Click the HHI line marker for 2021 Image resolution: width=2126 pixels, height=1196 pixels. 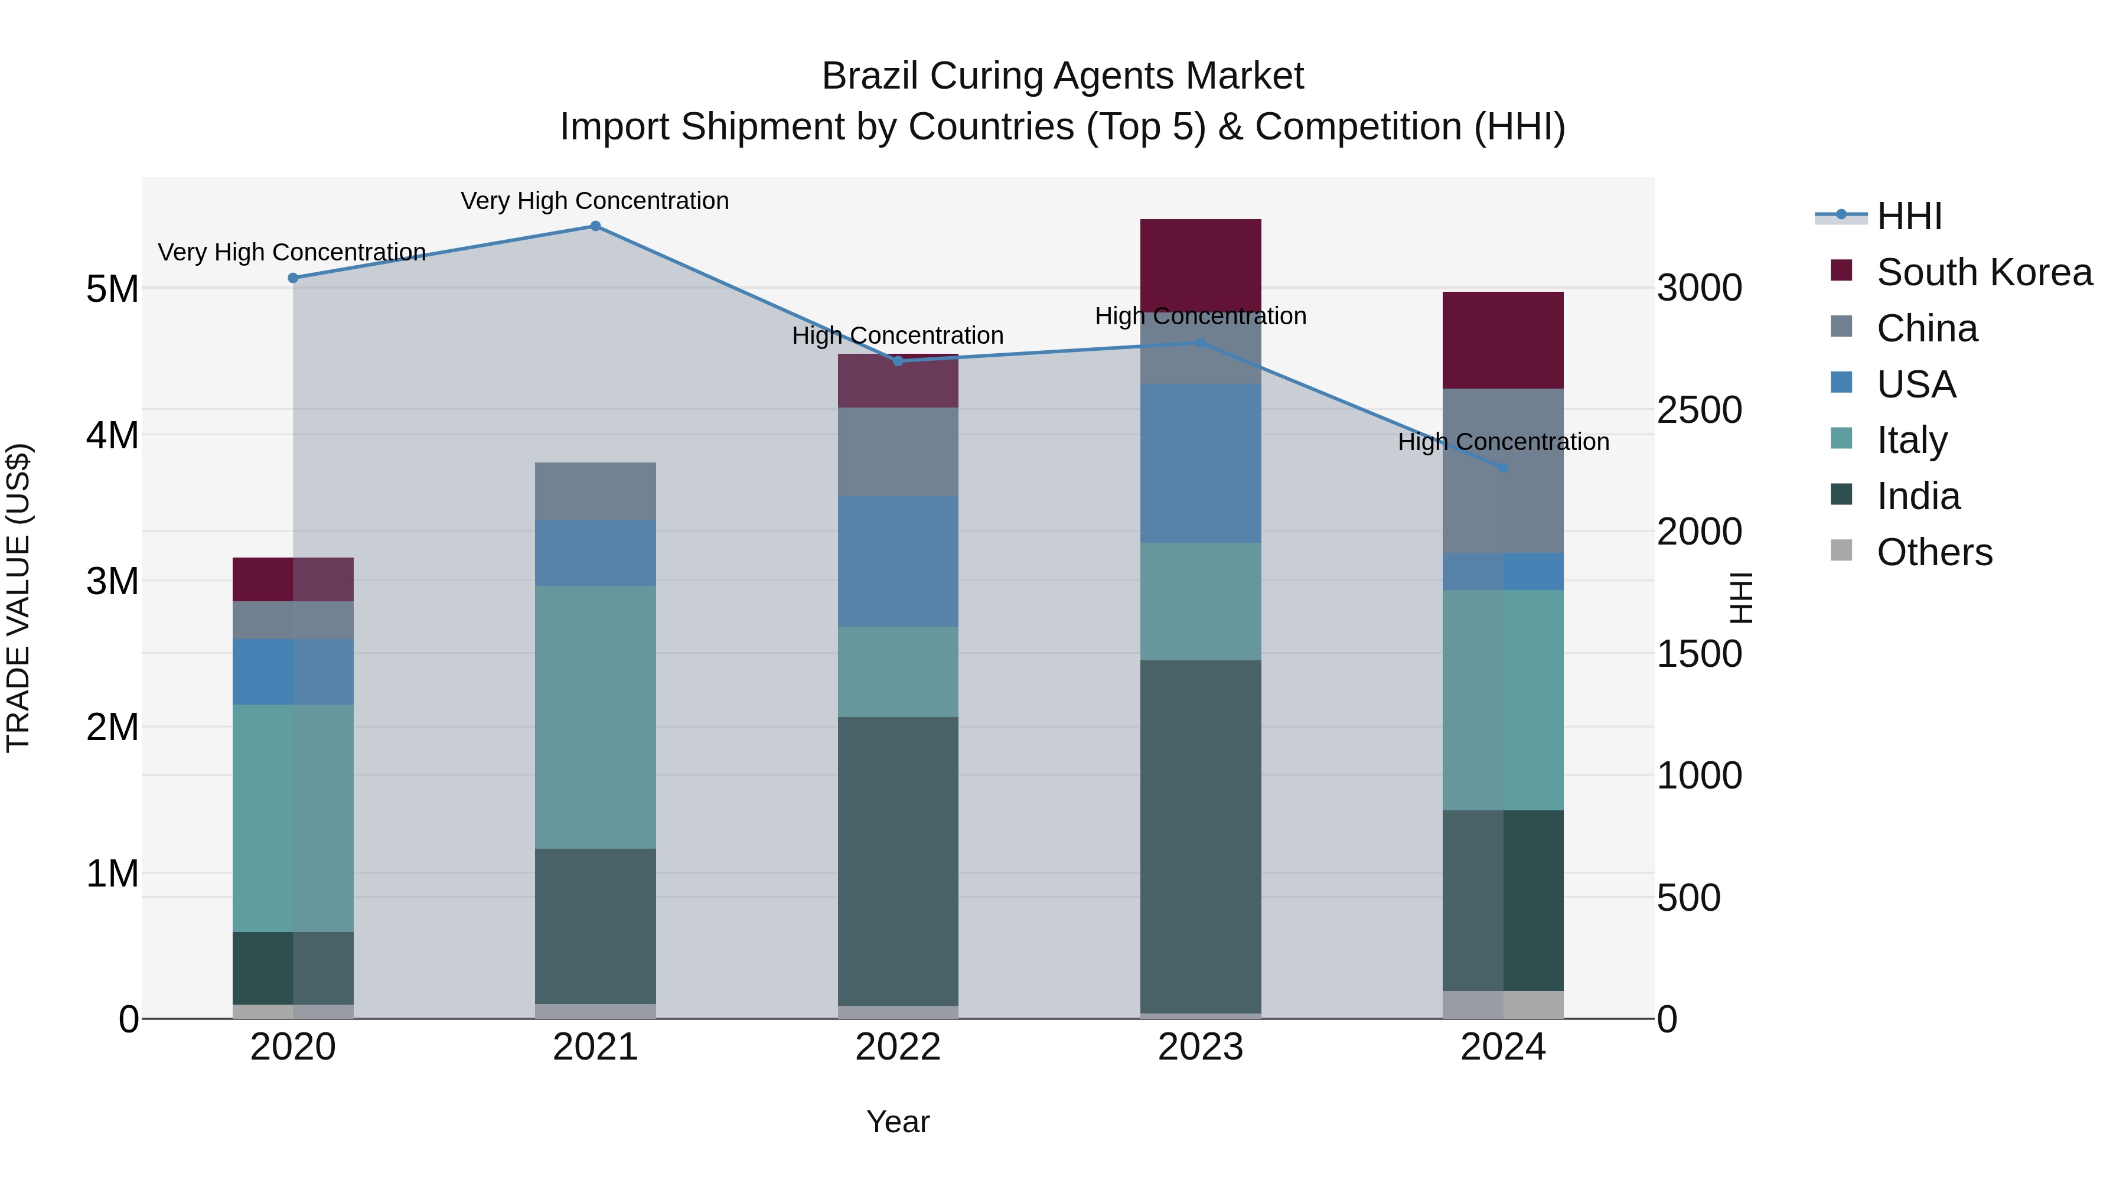point(595,226)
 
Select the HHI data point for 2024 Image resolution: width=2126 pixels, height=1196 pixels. point(1503,468)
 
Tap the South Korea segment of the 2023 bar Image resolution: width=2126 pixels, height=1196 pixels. point(1200,264)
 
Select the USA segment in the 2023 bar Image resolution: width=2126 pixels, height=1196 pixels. point(1200,463)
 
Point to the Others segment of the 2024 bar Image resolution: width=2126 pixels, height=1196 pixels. point(1503,1005)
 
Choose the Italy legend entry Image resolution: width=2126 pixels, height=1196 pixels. point(1912,440)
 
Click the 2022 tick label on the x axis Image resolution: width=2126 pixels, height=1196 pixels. point(898,1047)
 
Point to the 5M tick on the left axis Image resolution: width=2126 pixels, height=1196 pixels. point(112,289)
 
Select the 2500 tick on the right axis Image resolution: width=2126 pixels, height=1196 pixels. point(1699,410)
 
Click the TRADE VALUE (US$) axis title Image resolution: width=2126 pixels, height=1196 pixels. point(19,598)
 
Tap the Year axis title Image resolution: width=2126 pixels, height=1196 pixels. point(898,1122)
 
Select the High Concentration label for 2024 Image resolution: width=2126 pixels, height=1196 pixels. point(1503,442)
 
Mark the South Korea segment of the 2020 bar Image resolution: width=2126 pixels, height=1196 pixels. point(292,579)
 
